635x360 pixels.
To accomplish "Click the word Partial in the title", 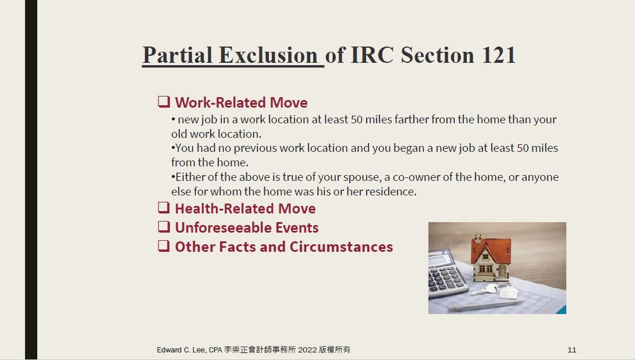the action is [x=178, y=55].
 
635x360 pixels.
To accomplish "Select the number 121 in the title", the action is [x=499, y=55].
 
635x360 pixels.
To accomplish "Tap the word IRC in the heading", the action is [x=371, y=55].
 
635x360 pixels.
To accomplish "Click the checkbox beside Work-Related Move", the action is [x=164, y=102].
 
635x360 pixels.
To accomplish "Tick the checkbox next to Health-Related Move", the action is [x=164, y=208].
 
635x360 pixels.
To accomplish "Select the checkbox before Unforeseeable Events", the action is [x=164, y=226].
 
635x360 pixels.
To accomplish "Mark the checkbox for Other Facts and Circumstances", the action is [x=164, y=245].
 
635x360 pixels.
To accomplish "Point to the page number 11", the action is [x=572, y=350].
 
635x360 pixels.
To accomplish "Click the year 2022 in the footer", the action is [x=307, y=350].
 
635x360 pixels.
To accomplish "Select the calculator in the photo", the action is [x=446, y=273].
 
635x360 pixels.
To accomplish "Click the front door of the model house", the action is [x=502, y=271].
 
